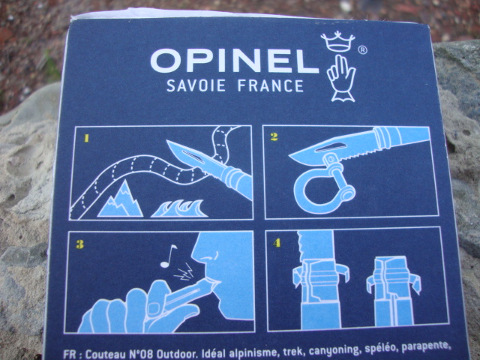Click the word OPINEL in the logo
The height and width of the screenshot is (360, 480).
click(235, 61)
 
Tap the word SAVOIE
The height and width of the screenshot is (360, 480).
click(196, 85)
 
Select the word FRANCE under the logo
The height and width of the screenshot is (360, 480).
click(271, 85)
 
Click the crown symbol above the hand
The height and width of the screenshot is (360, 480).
click(337, 41)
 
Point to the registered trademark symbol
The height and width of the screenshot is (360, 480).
click(362, 50)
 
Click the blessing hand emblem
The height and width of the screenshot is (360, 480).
click(341, 78)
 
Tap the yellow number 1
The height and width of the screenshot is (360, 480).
click(87, 138)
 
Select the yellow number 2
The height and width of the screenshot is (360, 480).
click(274, 136)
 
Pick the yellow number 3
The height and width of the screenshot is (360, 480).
click(79, 244)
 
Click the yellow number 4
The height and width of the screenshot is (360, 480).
click(277, 243)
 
